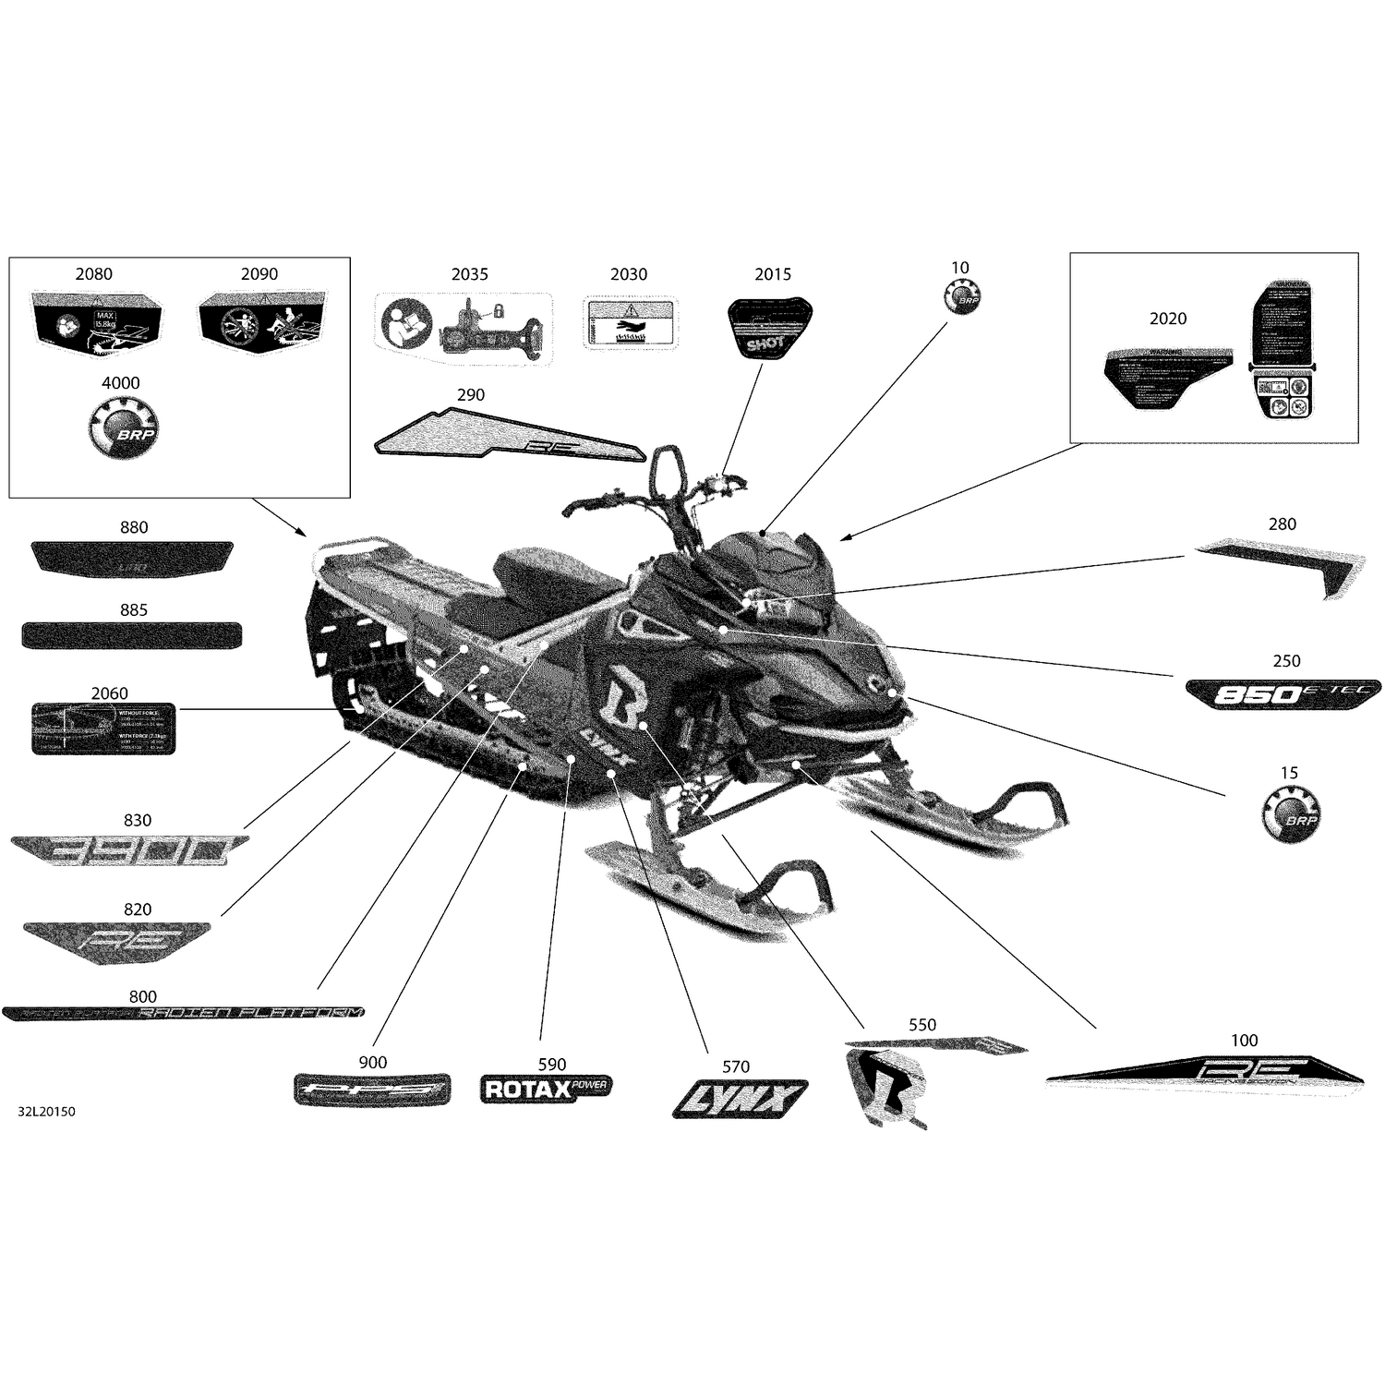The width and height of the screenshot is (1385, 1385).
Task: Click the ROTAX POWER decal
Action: click(x=546, y=1090)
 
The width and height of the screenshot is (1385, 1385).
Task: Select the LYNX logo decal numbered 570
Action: click(x=740, y=1099)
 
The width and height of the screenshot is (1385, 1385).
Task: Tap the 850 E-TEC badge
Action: click(x=1283, y=692)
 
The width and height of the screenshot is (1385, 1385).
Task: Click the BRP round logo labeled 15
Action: click(x=1290, y=814)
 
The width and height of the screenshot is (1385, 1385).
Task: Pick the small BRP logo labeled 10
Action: click(x=961, y=297)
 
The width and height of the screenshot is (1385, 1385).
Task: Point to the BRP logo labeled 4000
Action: click(x=122, y=428)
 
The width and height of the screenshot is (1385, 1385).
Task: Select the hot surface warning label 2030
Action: click(x=630, y=323)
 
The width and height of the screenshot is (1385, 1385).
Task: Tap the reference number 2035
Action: click(x=469, y=274)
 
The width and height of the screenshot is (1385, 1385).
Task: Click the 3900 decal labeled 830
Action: click(x=128, y=850)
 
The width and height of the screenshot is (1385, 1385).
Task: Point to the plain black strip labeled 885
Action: click(x=132, y=635)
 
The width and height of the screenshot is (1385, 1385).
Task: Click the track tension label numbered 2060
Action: click(x=103, y=729)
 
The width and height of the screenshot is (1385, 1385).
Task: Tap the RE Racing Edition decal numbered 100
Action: click(x=1205, y=1072)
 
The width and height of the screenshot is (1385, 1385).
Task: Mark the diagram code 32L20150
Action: click(x=46, y=1112)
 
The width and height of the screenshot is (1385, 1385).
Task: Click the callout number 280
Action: click(x=1282, y=524)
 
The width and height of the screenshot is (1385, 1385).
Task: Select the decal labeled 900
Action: click(x=372, y=1090)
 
